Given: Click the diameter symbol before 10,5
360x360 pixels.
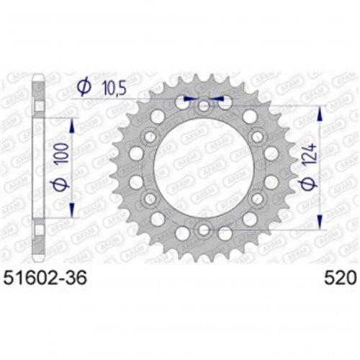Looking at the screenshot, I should click(83, 87).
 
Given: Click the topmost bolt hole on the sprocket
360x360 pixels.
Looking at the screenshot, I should click(204, 107).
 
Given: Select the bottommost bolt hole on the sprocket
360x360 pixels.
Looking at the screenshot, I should click(204, 230).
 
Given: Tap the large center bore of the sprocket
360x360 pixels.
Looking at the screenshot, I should click(204, 168).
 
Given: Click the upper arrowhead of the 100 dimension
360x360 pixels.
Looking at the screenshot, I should click(72, 123).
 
